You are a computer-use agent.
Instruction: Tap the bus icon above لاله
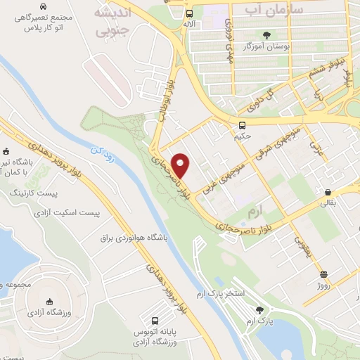point(189,13)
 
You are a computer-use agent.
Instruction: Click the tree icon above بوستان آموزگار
point(266,34)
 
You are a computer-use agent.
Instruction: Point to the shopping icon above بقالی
point(328,191)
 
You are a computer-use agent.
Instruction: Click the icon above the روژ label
point(323,275)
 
